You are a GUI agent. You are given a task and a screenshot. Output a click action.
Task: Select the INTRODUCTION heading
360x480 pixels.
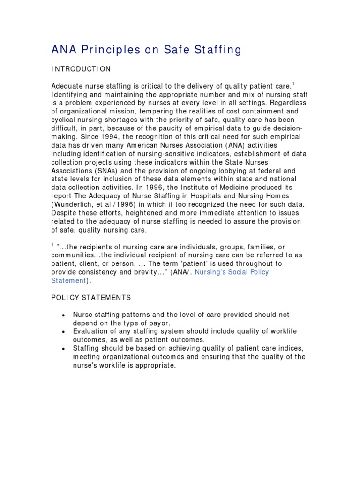click(x=81, y=69)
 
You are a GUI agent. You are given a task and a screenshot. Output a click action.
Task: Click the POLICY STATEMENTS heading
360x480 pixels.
click(x=91, y=298)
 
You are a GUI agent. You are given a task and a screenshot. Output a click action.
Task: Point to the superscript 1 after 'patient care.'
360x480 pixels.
click(x=293, y=83)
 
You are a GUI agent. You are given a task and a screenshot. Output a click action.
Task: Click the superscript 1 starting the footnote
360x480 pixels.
click(x=52, y=245)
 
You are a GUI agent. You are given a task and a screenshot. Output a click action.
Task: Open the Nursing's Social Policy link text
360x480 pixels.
click(x=232, y=272)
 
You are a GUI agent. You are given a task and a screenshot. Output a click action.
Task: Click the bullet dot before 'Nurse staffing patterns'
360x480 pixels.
click(x=63, y=315)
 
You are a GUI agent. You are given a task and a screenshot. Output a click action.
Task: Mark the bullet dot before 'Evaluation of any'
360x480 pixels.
click(x=63, y=332)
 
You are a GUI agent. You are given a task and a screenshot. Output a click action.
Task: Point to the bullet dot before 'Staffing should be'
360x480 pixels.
click(x=63, y=349)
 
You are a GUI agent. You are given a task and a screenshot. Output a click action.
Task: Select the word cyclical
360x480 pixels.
click(x=64, y=120)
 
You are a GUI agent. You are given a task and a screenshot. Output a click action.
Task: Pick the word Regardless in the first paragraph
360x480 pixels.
click(x=290, y=103)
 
